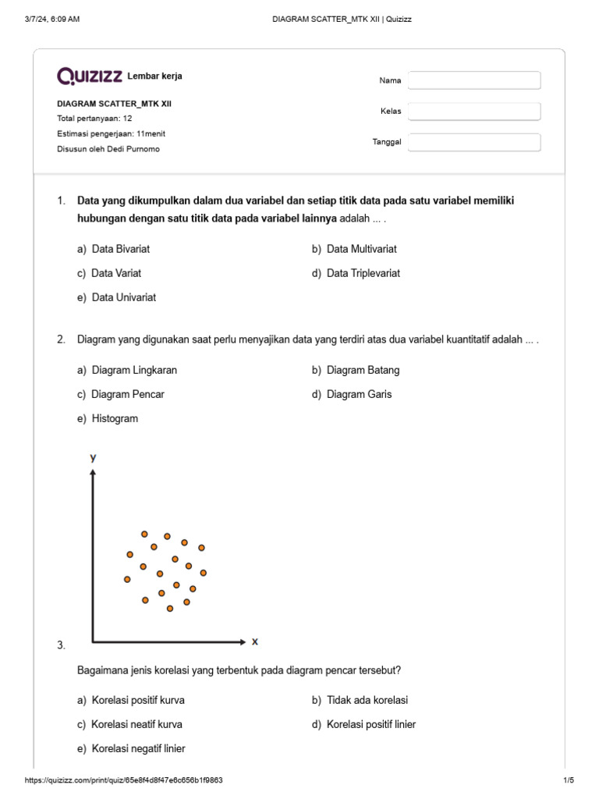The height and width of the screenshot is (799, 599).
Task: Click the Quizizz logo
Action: point(89,76)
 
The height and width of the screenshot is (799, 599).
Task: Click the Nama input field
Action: point(474,80)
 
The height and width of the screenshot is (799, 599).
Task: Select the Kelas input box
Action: point(474,112)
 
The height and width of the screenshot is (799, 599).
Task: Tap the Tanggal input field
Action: point(474,142)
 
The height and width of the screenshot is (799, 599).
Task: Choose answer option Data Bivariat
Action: point(120,249)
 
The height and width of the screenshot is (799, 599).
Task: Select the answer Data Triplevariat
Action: point(363,273)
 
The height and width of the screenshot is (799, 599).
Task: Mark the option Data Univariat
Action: point(123,297)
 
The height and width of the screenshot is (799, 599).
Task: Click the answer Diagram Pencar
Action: point(127,394)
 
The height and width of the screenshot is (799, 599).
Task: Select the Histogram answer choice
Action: point(114,418)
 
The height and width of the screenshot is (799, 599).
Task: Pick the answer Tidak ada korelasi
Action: point(367,700)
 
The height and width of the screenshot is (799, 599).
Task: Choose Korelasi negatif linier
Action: point(138,748)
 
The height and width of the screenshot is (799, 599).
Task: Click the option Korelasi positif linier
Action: point(371,724)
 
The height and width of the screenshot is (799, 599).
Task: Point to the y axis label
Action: point(93,458)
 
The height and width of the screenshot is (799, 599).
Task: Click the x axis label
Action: point(254,641)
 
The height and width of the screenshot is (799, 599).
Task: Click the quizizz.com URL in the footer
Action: point(129,780)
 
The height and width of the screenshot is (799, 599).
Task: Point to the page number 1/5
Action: point(568,780)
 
